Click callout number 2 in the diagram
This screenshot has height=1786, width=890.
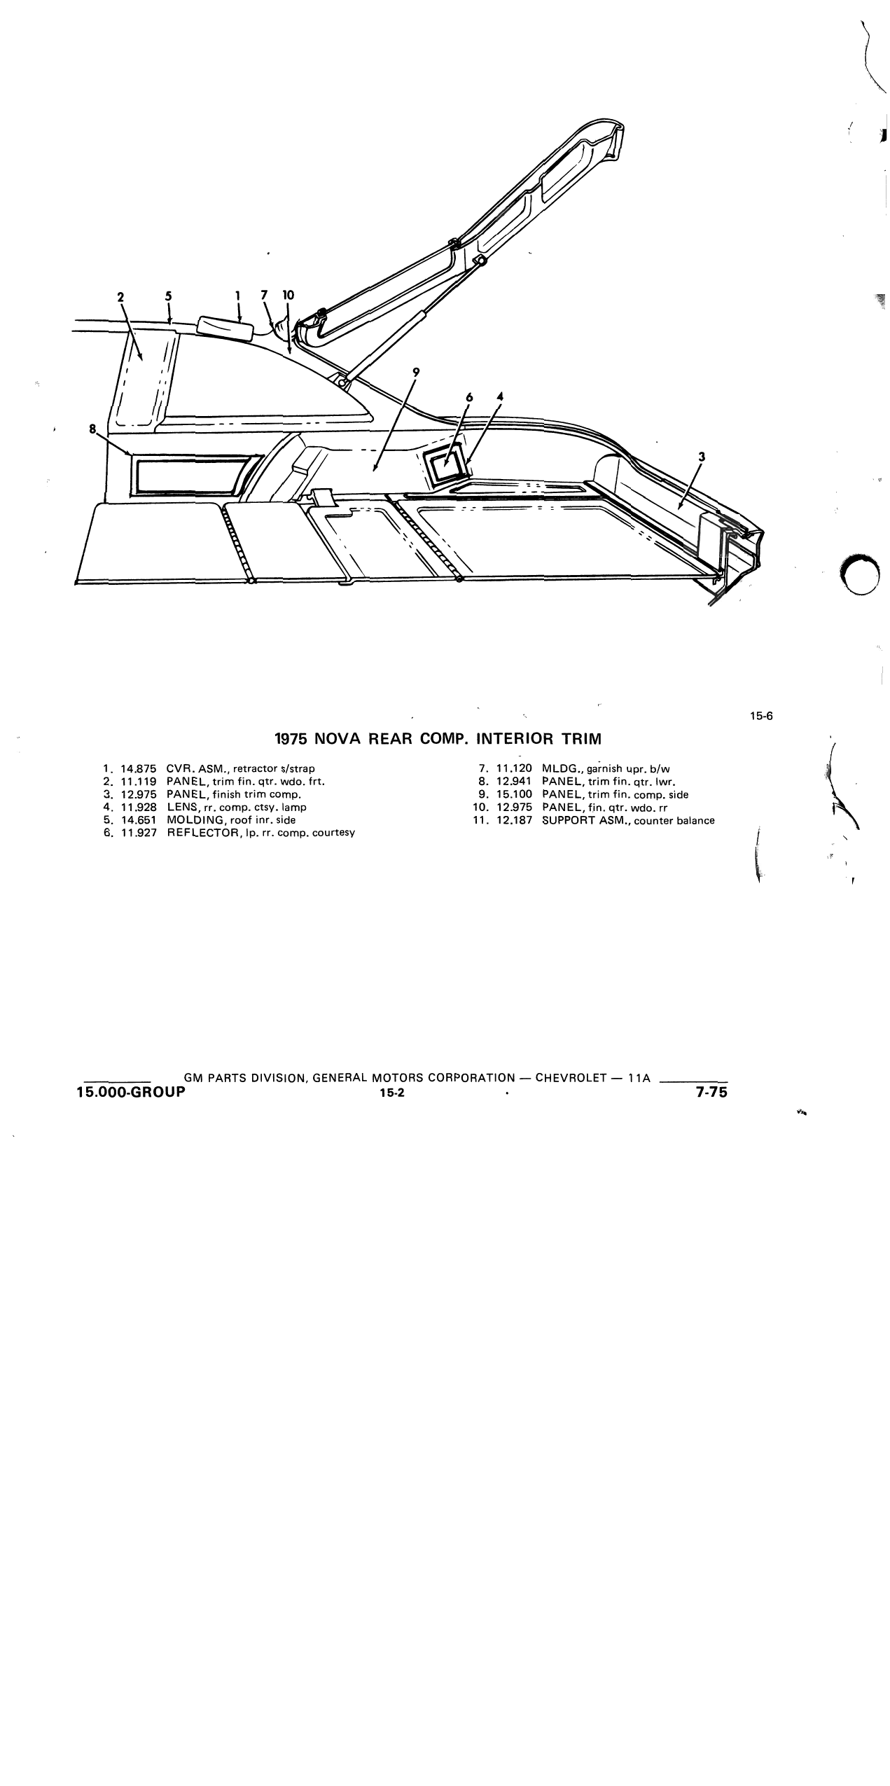tap(120, 296)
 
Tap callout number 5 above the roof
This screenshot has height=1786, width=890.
tap(168, 296)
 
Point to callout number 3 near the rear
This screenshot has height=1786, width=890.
tap(702, 457)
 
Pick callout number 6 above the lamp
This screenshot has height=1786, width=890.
tap(469, 397)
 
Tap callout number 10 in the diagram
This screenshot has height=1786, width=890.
tap(288, 296)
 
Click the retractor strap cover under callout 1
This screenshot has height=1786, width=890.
tap(225, 328)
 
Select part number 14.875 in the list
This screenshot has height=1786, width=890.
tap(139, 768)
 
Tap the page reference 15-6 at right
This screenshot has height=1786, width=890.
tap(760, 716)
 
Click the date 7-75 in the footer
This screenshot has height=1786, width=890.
tap(712, 1091)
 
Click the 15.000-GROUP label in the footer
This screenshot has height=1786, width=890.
tap(131, 1091)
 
